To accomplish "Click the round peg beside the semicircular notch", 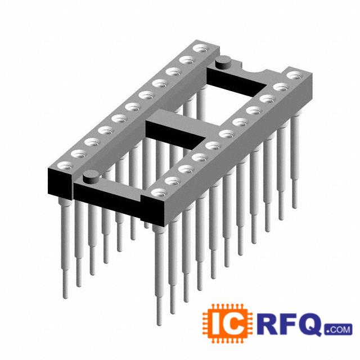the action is click(x=223, y=62).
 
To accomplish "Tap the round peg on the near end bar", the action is click(x=91, y=177).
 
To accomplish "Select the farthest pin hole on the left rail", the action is click(x=200, y=49).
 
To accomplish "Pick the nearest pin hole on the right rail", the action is click(x=159, y=192).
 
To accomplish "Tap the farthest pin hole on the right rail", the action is click(x=294, y=75).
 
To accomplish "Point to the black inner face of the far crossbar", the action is click(x=236, y=82).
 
